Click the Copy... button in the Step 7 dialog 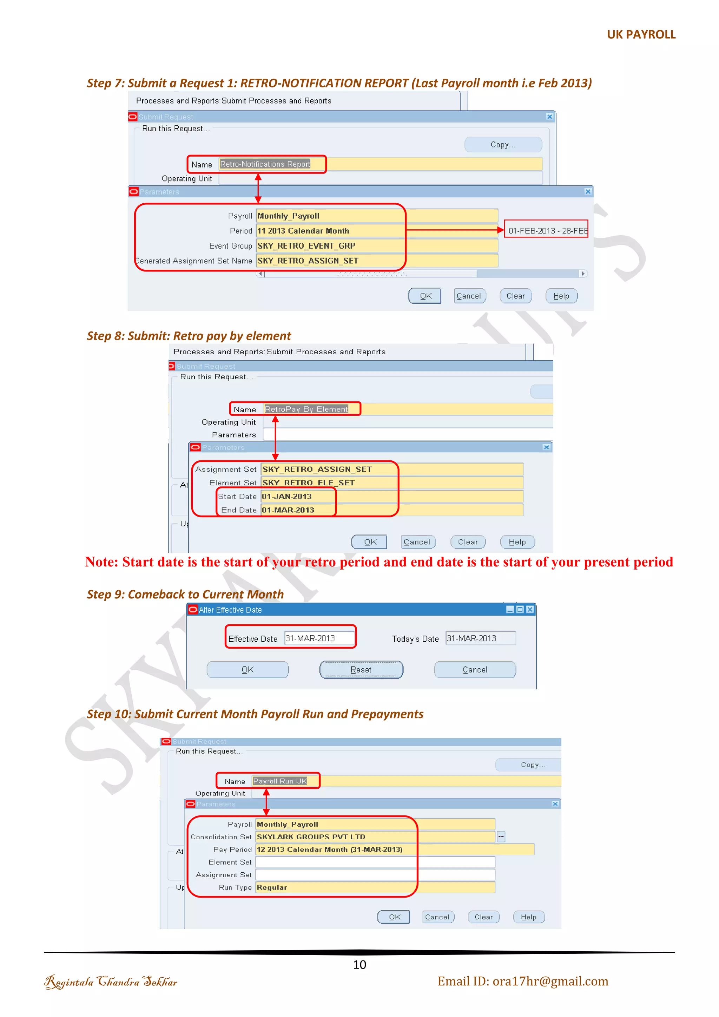click(x=503, y=144)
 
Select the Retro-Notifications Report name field click(x=265, y=164)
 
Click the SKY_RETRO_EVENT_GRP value click(x=306, y=246)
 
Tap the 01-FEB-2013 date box click(x=546, y=230)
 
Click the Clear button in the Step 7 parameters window click(x=515, y=296)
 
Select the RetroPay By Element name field click(x=306, y=409)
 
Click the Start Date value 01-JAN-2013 click(x=287, y=497)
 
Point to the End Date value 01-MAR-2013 click(x=288, y=510)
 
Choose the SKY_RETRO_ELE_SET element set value click(x=309, y=483)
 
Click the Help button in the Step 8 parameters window click(x=517, y=542)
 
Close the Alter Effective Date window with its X click(x=530, y=610)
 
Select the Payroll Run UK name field click(x=280, y=781)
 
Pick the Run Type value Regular click(x=272, y=887)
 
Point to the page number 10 click(x=359, y=965)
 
